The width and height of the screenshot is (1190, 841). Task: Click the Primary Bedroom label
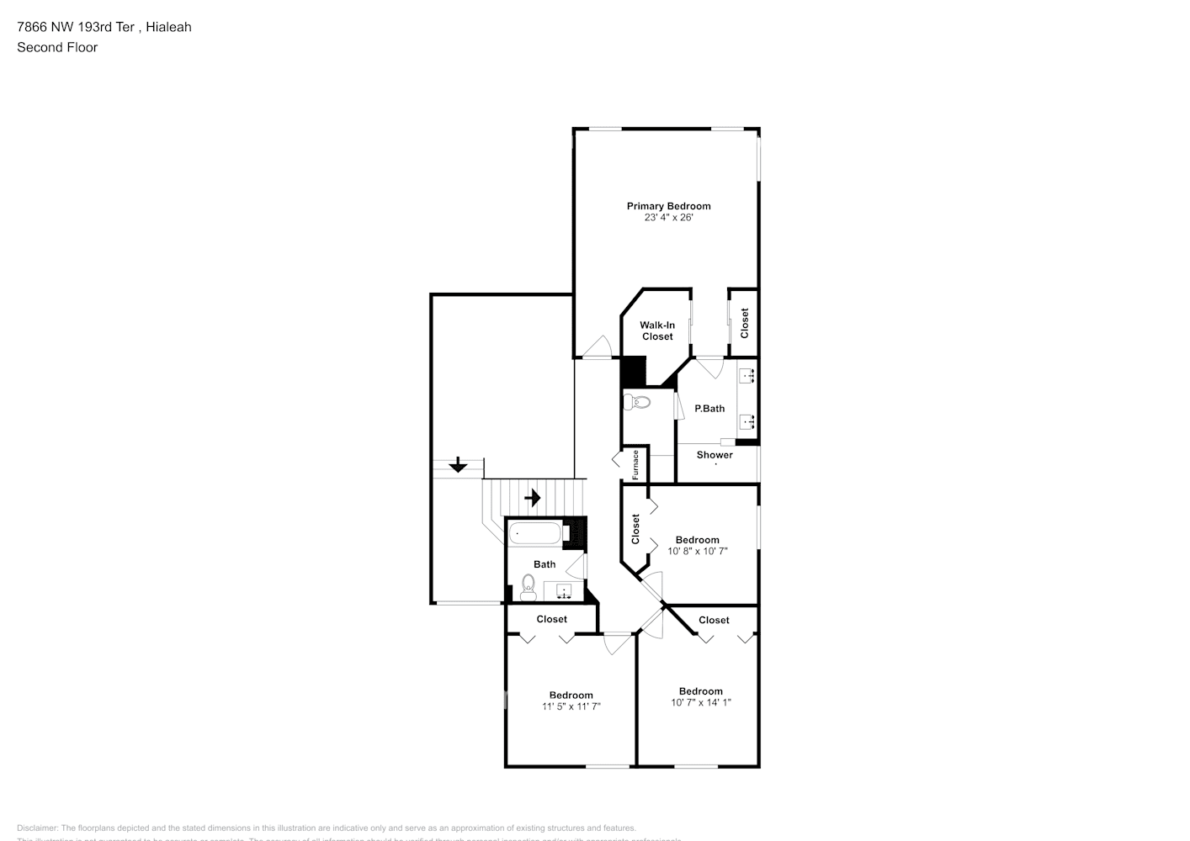tap(668, 206)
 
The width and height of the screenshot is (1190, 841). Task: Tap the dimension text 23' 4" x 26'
tap(668, 218)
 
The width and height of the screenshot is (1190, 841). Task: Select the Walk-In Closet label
tap(657, 331)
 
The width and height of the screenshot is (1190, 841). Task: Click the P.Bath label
tap(709, 409)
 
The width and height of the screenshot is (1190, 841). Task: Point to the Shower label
tap(715, 455)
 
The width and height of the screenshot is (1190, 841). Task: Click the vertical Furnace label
tap(636, 464)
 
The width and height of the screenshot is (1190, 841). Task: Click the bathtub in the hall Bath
tap(535, 533)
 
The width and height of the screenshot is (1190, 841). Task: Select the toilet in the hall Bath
tap(529, 588)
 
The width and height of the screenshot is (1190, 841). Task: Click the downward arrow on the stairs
tap(458, 465)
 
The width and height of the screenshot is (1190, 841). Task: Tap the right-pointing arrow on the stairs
tap(532, 498)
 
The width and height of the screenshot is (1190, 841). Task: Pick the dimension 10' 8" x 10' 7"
tap(698, 552)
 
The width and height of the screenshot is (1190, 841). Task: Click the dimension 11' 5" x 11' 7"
tap(571, 707)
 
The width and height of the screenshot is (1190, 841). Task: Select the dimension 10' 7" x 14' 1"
tap(701, 703)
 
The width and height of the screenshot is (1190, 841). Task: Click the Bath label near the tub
tap(545, 564)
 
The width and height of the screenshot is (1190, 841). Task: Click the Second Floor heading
tap(57, 47)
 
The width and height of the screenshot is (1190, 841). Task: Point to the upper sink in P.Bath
tap(746, 376)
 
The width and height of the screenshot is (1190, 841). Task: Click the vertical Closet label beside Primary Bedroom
tap(744, 323)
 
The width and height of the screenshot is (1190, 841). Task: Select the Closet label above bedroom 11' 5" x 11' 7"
tap(552, 619)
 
